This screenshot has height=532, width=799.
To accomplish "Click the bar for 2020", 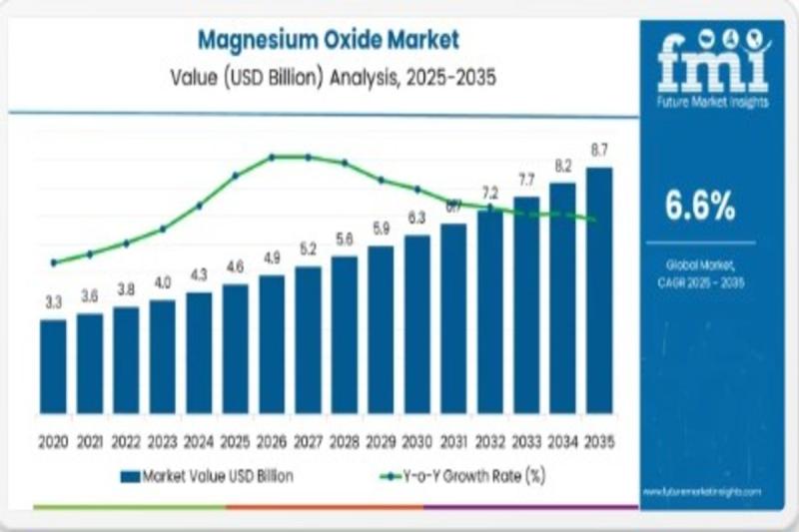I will point(53,365).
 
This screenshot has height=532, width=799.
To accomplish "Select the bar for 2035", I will point(599,289).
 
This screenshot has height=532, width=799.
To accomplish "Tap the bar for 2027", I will point(308,338).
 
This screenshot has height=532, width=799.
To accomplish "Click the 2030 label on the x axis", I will point(417,440).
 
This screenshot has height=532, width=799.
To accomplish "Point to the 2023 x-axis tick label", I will point(162,440).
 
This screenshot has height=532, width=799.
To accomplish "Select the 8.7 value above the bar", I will point(599,151).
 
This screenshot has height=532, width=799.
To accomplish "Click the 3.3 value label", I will point(53,299).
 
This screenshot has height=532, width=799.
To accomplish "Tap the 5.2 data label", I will point(308,249).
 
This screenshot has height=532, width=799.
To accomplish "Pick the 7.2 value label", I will point(489,192).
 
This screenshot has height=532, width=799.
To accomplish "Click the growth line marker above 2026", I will point(272,157).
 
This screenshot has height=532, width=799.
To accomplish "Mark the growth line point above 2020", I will point(53,263).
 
